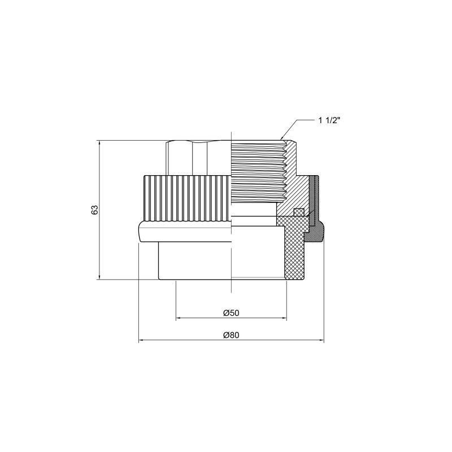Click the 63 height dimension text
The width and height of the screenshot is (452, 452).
click(95, 209)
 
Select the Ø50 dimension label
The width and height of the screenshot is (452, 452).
click(231, 312)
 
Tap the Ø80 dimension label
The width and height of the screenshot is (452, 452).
click(231, 334)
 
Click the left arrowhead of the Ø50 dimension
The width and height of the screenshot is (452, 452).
click(177, 319)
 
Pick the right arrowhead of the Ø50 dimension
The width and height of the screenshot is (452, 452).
click(285, 319)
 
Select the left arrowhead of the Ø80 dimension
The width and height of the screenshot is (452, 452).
click(140, 341)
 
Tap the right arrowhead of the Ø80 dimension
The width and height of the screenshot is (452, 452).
click(324, 341)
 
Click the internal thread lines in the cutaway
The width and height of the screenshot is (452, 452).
click(257, 169)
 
